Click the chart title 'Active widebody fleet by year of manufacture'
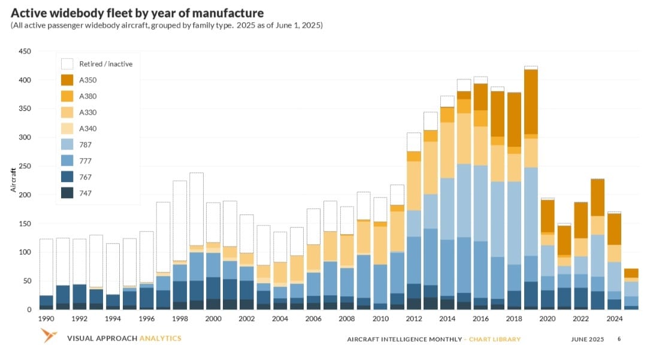coord(137,13)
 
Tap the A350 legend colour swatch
coord(67,80)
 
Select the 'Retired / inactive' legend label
coord(105,64)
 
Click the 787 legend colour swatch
coord(67,145)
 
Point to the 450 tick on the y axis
coord(25,51)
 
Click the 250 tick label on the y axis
coord(25,166)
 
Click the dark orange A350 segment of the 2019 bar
coord(530,102)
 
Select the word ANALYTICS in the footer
coord(160,338)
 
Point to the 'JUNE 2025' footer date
coord(587,339)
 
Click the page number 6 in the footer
coord(619,339)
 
